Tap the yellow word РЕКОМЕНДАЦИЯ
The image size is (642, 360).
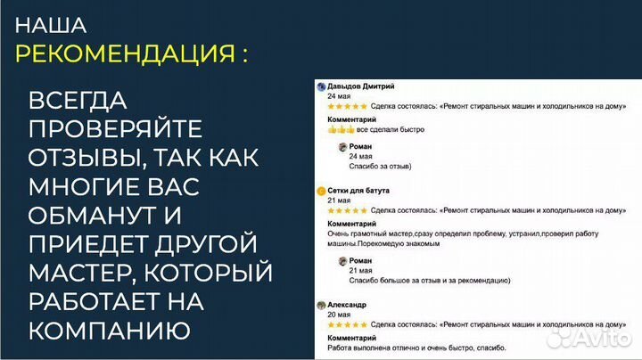click(x=125, y=53)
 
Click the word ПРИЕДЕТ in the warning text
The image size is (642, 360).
click(x=87, y=244)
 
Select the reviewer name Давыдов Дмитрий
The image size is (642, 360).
click(x=361, y=86)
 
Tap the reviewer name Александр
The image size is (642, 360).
click(x=347, y=305)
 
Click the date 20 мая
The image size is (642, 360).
click(x=338, y=315)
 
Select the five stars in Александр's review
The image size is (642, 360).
click(x=347, y=324)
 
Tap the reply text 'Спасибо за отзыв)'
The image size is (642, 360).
click(x=381, y=166)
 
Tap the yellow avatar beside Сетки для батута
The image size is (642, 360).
click(x=320, y=191)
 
